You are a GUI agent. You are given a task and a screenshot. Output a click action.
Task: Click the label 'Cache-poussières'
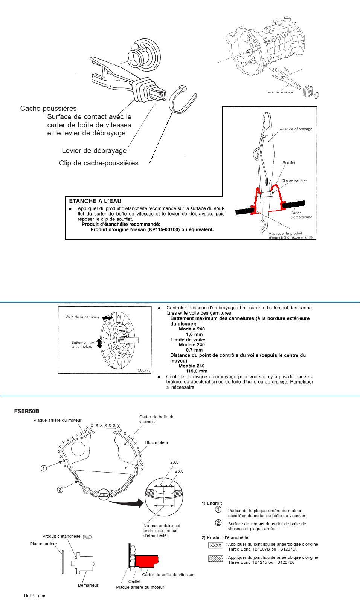(x=48, y=109)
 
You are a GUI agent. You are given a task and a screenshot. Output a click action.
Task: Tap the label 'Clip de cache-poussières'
(x=99, y=163)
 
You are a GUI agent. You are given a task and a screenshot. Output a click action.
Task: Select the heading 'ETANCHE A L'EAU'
(x=95, y=201)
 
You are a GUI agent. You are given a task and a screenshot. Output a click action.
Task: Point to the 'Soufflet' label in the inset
(x=289, y=163)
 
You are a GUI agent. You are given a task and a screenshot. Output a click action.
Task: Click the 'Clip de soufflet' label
(x=294, y=181)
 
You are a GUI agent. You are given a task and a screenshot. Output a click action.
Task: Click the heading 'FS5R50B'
(x=27, y=411)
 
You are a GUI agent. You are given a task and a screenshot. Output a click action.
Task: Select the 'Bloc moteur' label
(x=157, y=442)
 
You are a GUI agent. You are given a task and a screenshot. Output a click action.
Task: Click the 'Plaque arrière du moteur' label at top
(x=57, y=420)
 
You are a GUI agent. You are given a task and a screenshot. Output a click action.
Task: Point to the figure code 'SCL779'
(x=144, y=370)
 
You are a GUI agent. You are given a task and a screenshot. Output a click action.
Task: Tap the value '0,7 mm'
(x=194, y=350)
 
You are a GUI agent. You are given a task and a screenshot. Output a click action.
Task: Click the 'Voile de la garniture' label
(x=82, y=317)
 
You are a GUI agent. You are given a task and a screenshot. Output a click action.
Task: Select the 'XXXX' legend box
(x=216, y=545)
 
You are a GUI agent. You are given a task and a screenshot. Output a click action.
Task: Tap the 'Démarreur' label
(x=88, y=585)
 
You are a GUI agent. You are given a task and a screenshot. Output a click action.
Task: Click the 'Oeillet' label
(x=134, y=581)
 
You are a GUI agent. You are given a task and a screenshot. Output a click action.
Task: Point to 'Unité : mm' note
(x=35, y=596)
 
